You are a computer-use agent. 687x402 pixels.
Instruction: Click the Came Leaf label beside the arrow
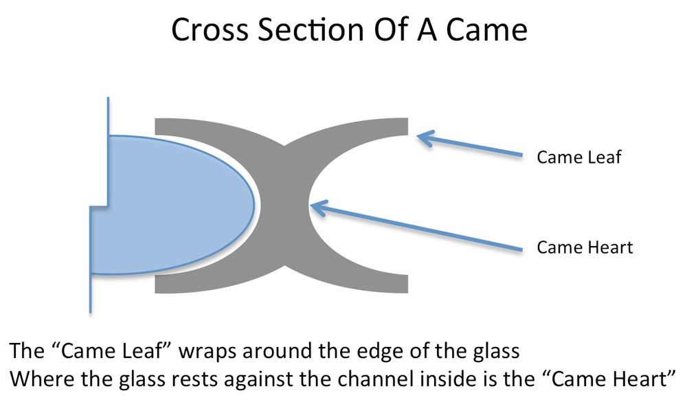(x=578, y=157)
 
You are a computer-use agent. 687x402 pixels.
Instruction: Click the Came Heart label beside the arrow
(x=584, y=247)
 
